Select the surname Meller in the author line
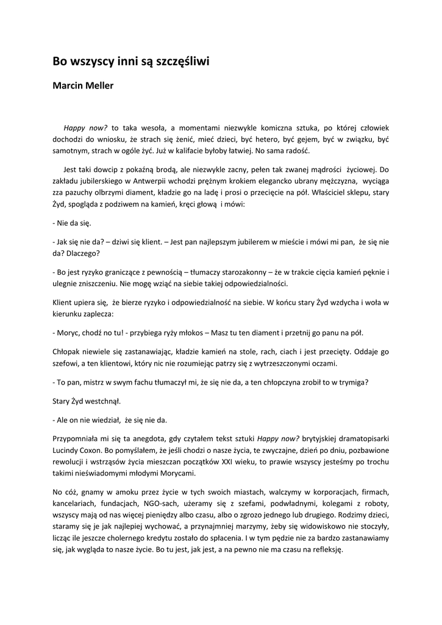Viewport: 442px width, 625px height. point(98,85)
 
